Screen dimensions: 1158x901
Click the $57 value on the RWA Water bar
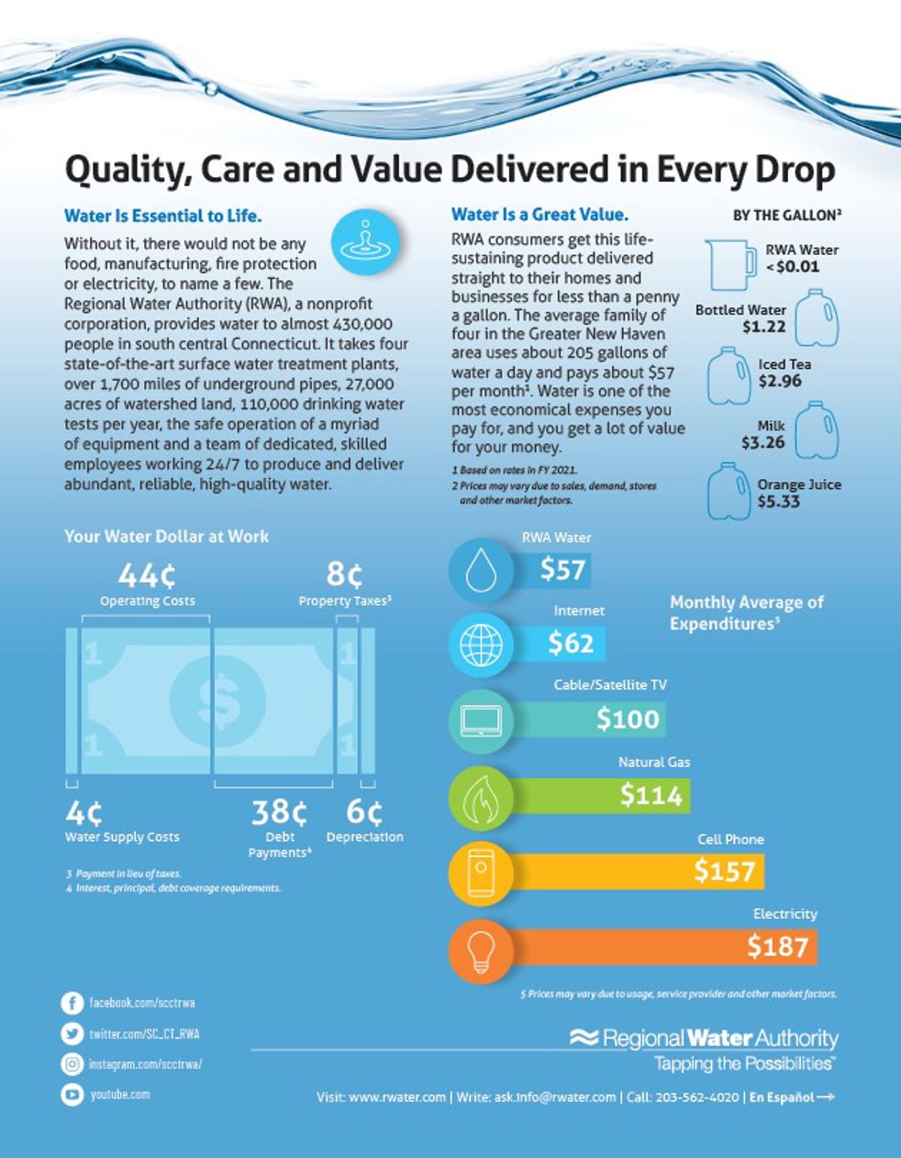pos(562,570)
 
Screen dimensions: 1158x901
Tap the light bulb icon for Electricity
pos(481,952)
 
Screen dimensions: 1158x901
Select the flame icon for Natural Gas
pos(481,797)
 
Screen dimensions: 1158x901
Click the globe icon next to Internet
pos(481,644)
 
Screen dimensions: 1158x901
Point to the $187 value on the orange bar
pos(777,946)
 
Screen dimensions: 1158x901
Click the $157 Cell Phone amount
pos(724,871)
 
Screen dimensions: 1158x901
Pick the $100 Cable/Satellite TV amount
pos(628,719)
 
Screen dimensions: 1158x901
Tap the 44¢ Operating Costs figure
pos(147,575)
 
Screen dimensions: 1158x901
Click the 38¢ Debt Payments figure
pos(280,812)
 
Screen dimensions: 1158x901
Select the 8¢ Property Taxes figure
pos(345,574)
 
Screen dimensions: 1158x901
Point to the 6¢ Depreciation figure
pos(364,812)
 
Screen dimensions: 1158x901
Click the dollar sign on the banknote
pos(218,702)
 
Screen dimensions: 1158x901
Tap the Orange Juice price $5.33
pos(778,502)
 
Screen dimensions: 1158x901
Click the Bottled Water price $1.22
pos(763,327)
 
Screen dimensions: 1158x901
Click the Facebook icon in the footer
pos(72,1003)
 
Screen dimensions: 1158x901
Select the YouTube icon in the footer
pos(72,1094)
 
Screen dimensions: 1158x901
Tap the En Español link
pos(791,1097)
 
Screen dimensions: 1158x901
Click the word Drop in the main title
pos(790,171)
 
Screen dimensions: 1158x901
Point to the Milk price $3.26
pos(762,442)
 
